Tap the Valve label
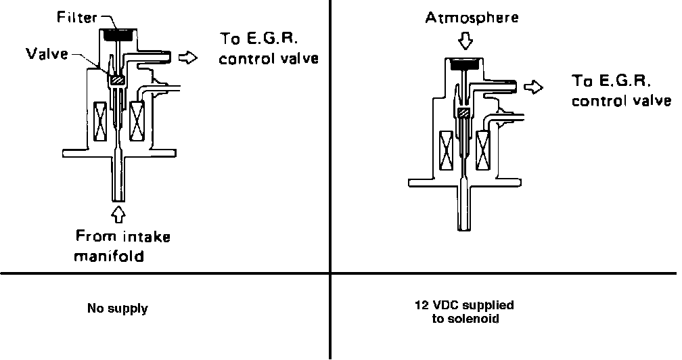pos(45,53)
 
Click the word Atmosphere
pos(472,18)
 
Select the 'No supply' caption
pos(118,309)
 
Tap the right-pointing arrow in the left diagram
pos(187,59)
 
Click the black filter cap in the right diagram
pos(467,65)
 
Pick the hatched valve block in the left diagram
pos(117,80)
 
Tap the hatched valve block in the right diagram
pos(463,112)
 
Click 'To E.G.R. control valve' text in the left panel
pos(269,49)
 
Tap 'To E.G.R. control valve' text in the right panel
pos(620,91)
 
